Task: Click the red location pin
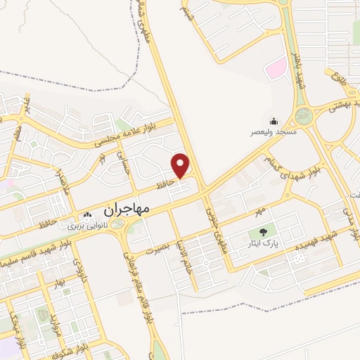181,165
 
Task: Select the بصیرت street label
158,248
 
